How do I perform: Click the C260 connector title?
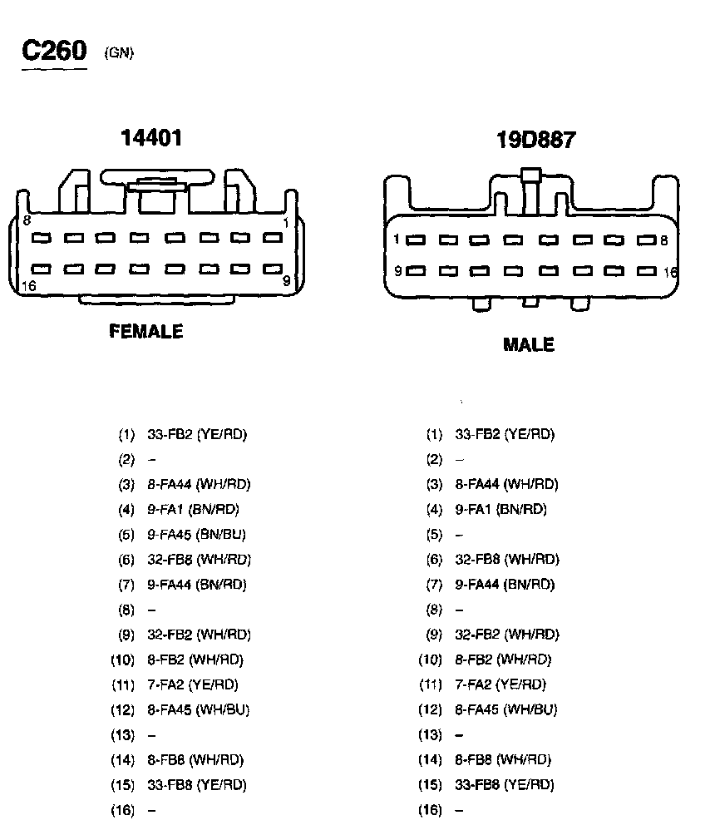coord(54,51)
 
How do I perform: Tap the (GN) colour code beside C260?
coord(119,53)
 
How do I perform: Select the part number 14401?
coord(151,137)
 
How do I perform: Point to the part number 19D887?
coord(535,140)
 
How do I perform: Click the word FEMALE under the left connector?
coord(146,331)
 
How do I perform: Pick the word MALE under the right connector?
coord(528,344)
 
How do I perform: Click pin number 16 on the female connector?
coord(28,285)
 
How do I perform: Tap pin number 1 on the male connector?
coord(397,240)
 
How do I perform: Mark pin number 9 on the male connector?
coord(398,270)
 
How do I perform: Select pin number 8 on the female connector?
coord(27,220)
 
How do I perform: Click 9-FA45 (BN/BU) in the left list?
coord(196,534)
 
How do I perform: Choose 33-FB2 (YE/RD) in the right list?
coord(504,434)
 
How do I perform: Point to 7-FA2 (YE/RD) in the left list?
coord(192,684)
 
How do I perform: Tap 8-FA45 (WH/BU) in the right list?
coord(505,709)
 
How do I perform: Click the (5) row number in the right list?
coord(434,534)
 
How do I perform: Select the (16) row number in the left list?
coord(123,809)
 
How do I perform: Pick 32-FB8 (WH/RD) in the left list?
coord(199,559)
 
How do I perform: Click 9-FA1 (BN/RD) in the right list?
coord(500,509)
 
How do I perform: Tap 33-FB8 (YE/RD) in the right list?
coord(504,784)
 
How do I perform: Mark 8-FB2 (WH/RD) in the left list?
coord(195,660)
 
